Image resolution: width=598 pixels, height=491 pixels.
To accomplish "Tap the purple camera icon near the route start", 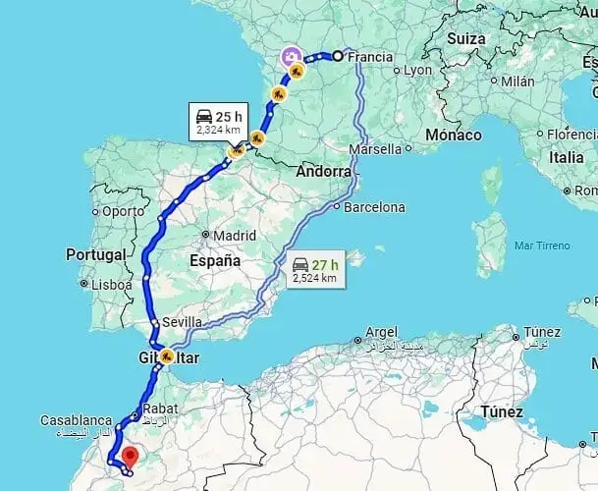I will pyautogui.click(x=291, y=57).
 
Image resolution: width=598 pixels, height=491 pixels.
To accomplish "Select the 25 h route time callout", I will pyautogui.click(x=222, y=121).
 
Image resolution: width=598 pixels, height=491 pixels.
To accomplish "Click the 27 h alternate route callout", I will pyautogui.click(x=314, y=270).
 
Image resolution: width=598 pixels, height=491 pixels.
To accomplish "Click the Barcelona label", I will pyautogui.click(x=372, y=207).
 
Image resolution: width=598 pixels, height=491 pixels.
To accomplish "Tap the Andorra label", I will pyautogui.click(x=323, y=171).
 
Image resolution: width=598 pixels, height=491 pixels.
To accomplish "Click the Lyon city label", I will pyautogui.click(x=417, y=71).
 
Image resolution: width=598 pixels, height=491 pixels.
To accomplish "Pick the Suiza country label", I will pyautogui.click(x=465, y=38).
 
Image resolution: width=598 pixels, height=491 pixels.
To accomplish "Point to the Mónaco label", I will pyautogui.click(x=454, y=135).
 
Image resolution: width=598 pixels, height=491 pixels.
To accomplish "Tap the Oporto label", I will pyautogui.click(x=123, y=210).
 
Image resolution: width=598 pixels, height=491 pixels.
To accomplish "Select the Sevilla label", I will pyautogui.click(x=183, y=322).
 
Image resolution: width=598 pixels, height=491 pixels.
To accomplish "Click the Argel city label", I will pyautogui.click(x=380, y=332).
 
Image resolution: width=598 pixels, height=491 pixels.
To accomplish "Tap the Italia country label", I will pyautogui.click(x=567, y=156).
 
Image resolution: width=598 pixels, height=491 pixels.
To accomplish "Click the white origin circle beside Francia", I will pyautogui.click(x=337, y=56).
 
